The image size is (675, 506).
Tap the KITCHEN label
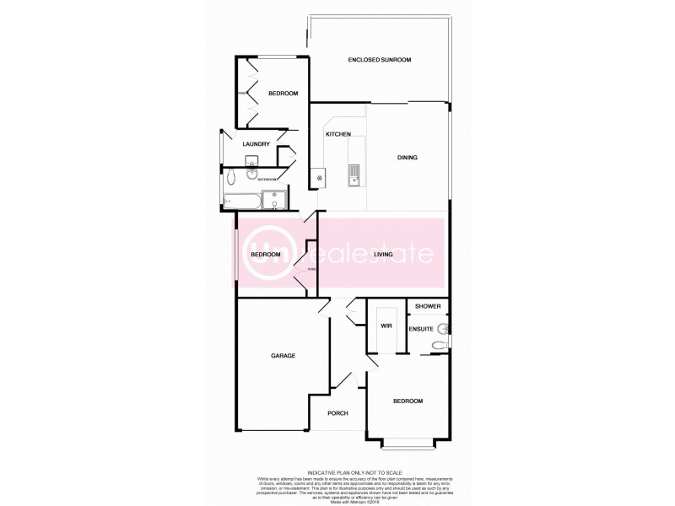(x=338, y=135)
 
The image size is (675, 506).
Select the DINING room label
(x=408, y=158)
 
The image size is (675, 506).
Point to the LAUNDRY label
(x=256, y=144)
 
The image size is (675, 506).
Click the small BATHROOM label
(x=267, y=179)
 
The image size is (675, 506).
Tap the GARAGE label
(x=283, y=356)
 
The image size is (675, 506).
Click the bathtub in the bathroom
(x=241, y=202)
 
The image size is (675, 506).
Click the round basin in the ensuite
(x=442, y=328)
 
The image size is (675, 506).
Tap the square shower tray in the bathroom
(x=274, y=201)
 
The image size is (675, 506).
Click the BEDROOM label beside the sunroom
(x=283, y=94)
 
